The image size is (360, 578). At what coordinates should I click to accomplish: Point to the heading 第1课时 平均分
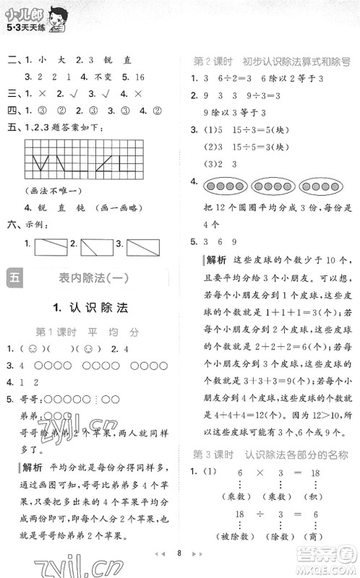coord(87,332)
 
